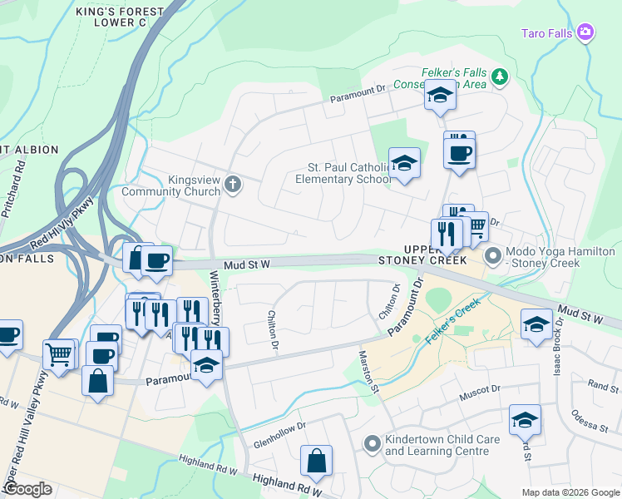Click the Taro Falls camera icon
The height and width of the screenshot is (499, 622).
click(x=586, y=32)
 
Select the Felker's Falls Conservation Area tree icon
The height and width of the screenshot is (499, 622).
click(x=500, y=77)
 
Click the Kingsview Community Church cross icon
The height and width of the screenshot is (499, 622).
click(x=234, y=184)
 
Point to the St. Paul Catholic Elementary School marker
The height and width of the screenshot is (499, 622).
click(x=404, y=163)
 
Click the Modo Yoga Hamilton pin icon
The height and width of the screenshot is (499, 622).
click(x=493, y=256)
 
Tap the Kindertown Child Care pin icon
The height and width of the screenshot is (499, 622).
click(x=372, y=444)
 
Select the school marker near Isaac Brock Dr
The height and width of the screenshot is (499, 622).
click(x=537, y=324)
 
